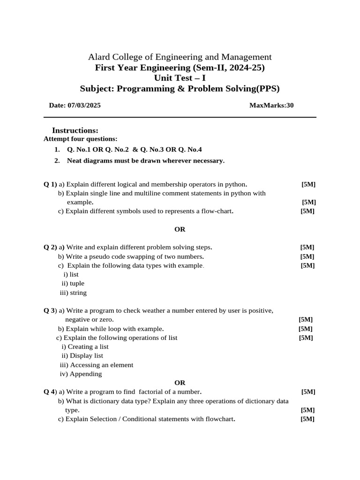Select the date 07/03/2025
pos(84,105)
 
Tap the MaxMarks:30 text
pos(271,105)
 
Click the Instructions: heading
pos(75,130)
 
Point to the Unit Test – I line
pos(180,78)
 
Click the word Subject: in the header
pos(97,89)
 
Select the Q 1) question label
pos(50,184)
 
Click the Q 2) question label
pos(50,247)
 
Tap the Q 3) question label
pos(50,311)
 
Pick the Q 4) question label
pos(50,392)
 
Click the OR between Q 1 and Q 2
pos(180,229)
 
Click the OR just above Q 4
pos(180,383)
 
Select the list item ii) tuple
pos(73,284)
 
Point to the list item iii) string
pos(73,293)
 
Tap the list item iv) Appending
pos(81,374)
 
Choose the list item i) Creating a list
pos(85,347)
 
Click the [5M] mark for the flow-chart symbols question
pos(307,211)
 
